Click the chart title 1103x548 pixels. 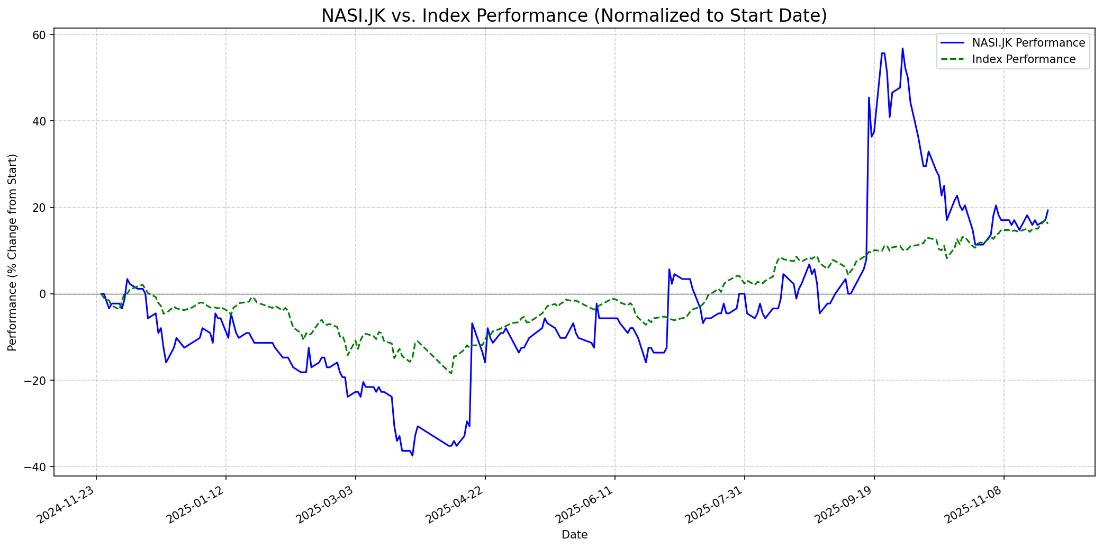(x=574, y=16)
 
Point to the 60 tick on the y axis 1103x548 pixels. (x=41, y=35)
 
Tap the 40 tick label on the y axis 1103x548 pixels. (x=41, y=121)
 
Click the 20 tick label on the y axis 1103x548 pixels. (x=41, y=208)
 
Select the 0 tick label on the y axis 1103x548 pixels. (x=44, y=294)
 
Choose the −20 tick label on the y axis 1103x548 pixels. (x=38, y=380)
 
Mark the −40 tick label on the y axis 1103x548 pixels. (x=38, y=466)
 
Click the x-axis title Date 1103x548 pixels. (x=574, y=535)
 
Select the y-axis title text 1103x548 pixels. (x=12, y=252)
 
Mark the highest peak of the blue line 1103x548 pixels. (x=902, y=49)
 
